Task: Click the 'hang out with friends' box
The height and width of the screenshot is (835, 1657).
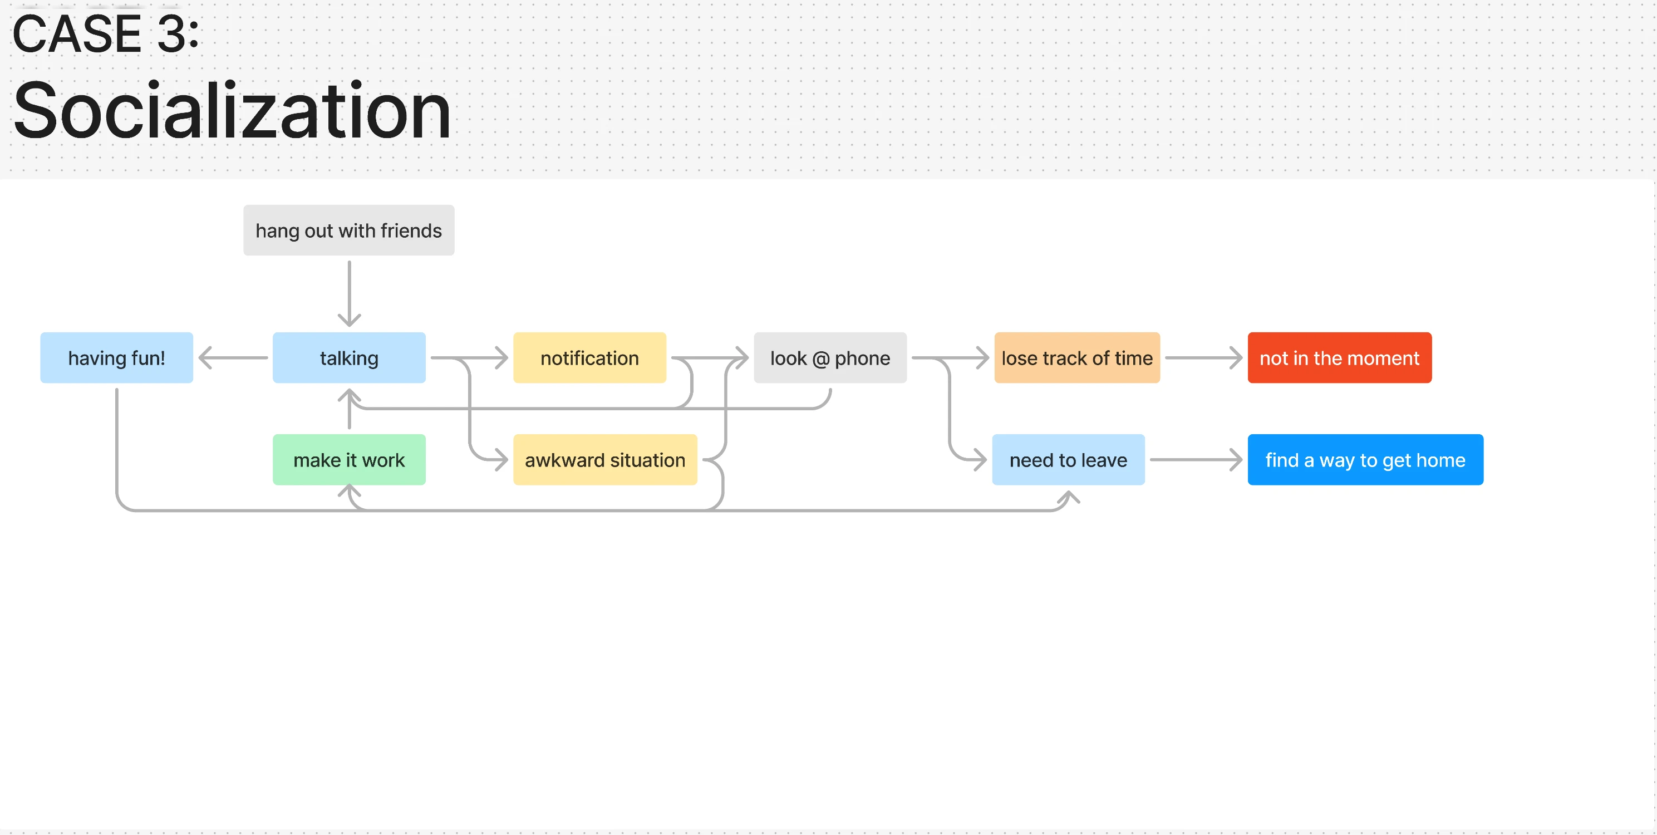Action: [x=348, y=230]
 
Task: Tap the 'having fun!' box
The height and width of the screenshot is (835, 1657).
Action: [x=116, y=358]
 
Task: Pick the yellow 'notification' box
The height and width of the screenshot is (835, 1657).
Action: [x=590, y=358]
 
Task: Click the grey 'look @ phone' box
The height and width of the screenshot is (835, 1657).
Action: [x=830, y=358]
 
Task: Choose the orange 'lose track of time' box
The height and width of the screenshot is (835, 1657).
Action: [x=1078, y=358]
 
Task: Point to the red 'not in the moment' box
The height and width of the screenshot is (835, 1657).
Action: [x=1340, y=358]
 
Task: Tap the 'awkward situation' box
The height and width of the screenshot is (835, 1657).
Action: [x=605, y=460]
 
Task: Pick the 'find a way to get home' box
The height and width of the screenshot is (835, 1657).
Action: [x=1365, y=460]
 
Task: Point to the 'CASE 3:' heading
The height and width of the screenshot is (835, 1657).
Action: [x=106, y=33]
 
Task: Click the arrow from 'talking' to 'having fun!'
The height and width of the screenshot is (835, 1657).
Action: [x=233, y=358]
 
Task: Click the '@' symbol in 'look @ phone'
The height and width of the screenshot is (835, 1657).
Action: [x=821, y=359]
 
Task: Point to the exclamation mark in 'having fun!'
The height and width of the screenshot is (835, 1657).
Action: [x=162, y=358]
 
